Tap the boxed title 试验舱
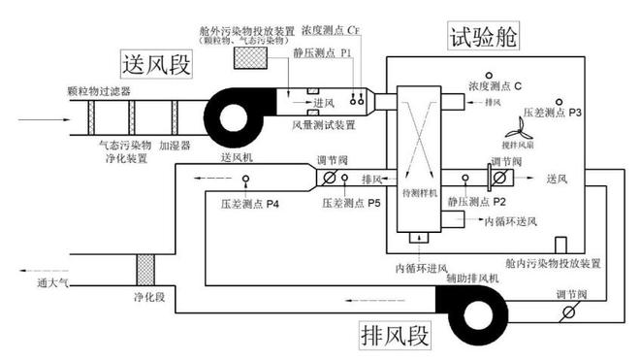[x=483, y=37]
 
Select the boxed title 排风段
[x=394, y=333]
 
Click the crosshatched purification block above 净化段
[x=146, y=268]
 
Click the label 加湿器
[x=175, y=146]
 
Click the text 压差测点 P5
[x=353, y=205]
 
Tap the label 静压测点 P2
[x=477, y=202]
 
